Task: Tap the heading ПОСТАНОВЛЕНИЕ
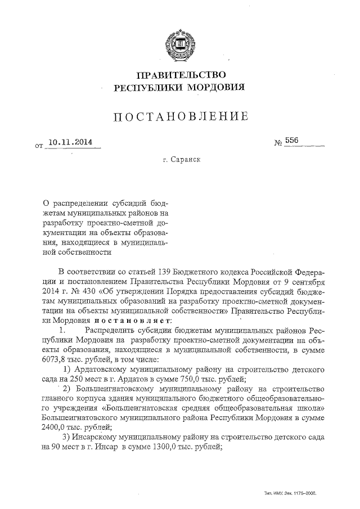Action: coord(180,117)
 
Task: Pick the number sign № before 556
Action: coord(278,143)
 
